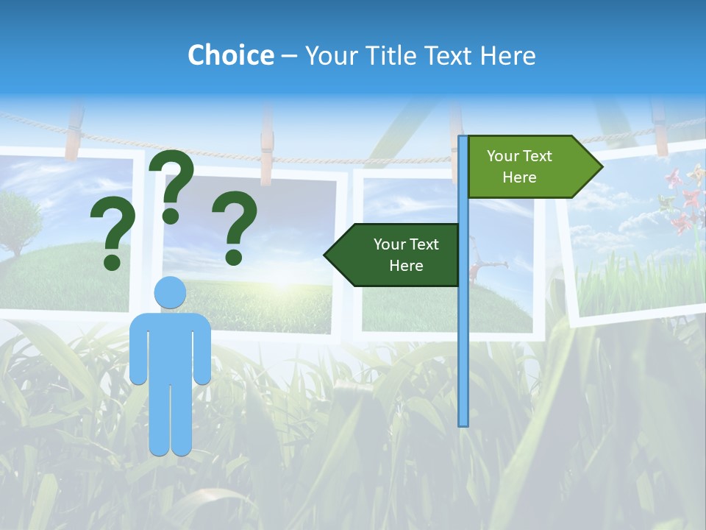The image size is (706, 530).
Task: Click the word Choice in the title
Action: pos(230,55)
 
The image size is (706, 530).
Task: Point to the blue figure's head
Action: pos(170,292)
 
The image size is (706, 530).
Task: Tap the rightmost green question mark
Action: pos(235,227)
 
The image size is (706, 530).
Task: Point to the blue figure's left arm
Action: pos(138,350)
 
